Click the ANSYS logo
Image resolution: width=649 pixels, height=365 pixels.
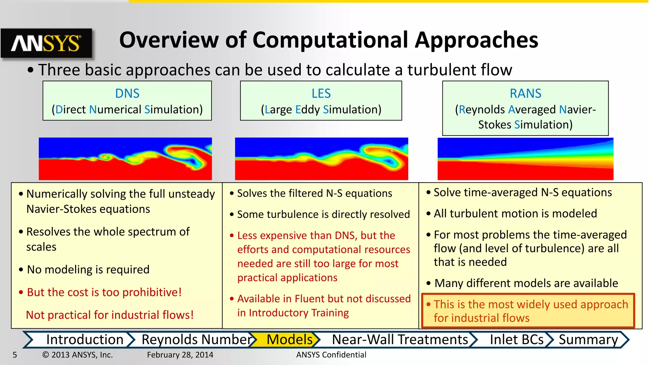click(46, 43)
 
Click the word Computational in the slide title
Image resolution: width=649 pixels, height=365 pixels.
click(330, 40)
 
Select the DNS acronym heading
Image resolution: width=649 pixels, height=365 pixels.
click(127, 93)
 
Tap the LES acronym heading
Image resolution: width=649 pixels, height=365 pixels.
click(321, 93)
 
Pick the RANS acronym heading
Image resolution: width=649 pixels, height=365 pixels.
click(525, 93)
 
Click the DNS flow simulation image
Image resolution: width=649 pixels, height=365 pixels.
click(125, 159)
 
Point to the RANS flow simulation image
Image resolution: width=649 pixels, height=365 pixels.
click(525, 159)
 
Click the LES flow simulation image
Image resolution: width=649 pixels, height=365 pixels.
click(321, 159)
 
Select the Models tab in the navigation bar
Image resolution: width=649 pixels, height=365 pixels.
click(289, 340)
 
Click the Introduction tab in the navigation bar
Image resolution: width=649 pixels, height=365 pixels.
click(85, 340)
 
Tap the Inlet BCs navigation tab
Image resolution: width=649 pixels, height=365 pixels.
click(517, 340)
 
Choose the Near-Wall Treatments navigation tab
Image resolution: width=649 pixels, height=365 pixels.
click(400, 340)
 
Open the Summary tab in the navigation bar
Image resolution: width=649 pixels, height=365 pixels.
click(588, 340)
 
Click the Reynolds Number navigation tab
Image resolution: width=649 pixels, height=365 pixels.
click(196, 340)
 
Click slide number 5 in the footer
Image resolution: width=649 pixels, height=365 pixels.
click(15, 355)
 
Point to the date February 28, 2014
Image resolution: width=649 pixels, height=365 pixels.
click(180, 355)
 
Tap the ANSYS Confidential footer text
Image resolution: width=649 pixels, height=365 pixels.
click(331, 355)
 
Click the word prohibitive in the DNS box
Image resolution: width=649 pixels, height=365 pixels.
click(152, 292)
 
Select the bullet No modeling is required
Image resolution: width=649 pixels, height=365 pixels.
click(88, 270)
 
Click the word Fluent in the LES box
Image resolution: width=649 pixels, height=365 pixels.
click(310, 299)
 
